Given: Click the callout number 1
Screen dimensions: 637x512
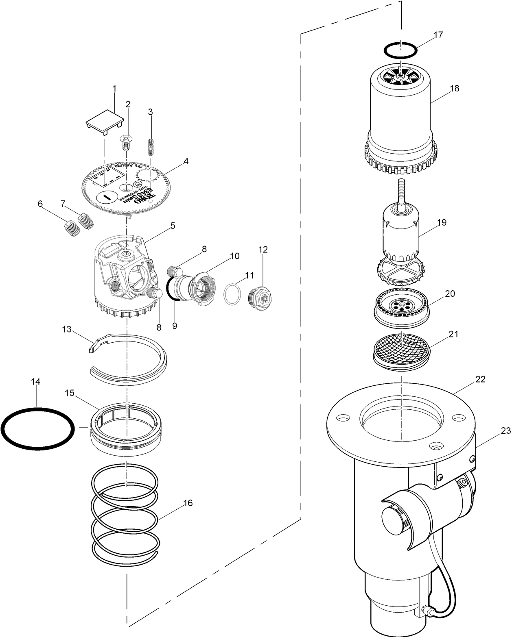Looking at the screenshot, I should point(114,88).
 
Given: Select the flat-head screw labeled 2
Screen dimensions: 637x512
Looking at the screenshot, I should point(126,143).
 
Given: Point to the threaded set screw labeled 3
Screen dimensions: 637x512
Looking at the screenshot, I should point(151,147).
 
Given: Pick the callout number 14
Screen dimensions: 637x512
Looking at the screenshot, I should point(36,382).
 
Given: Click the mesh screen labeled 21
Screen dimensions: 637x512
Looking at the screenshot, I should point(401,349).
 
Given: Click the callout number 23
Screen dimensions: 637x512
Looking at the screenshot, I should point(505,430).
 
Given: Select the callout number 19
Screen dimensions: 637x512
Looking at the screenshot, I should point(442,223).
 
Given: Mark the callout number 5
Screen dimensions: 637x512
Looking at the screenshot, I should point(173,226).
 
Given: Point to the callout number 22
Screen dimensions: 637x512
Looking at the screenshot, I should point(480,379).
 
